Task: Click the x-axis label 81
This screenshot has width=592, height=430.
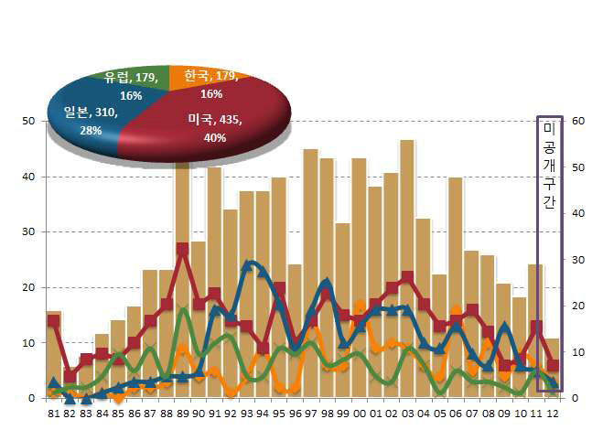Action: [x=53, y=413]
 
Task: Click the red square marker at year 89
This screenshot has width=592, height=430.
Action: [x=182, y=249]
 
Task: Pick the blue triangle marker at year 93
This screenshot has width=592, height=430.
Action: [x=247, y=266]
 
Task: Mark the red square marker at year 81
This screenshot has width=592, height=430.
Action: [x=53, y=320]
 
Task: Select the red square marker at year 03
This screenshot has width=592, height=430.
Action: [x=407, y=277]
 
